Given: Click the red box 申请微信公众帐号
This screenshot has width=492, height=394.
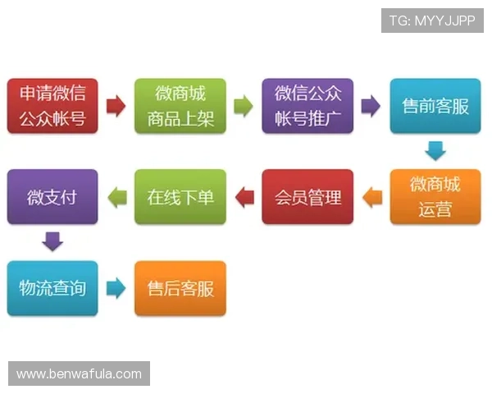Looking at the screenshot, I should click(52, 106).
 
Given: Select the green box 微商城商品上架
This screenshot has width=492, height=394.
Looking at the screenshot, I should click(180, 106).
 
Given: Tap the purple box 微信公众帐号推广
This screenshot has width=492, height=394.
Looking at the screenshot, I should click(307, 106).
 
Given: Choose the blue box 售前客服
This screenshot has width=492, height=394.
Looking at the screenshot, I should click(435, 106).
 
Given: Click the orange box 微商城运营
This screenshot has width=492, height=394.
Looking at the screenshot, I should click(435, 197).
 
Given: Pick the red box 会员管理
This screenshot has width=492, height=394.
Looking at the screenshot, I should click(307, 197).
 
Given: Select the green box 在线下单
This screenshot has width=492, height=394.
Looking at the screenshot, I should click(180, 197).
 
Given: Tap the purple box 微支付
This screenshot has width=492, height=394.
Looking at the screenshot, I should click(52, 197).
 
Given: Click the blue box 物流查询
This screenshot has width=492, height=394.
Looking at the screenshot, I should click(52, 288).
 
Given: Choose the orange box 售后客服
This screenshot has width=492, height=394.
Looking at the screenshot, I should click(180, 288).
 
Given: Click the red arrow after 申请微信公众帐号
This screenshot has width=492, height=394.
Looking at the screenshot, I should click(116, 106).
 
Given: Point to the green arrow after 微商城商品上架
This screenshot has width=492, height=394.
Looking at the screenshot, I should click(244, 106).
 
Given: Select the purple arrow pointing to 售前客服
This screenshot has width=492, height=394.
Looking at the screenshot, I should click(371, 106).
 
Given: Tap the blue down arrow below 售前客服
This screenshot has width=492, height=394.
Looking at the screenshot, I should click(435, 151).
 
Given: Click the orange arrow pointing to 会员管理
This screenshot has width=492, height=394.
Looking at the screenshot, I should click(371, 197).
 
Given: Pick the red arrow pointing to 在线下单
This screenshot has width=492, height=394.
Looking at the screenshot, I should click(244, 197).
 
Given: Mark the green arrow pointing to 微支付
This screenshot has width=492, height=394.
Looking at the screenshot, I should click(116, 197).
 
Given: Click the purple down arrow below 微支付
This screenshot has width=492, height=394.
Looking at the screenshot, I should click(52, 242).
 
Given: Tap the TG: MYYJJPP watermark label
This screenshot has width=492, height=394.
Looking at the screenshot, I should click(432, 20).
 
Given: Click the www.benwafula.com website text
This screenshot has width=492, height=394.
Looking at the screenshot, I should click(79, 374).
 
